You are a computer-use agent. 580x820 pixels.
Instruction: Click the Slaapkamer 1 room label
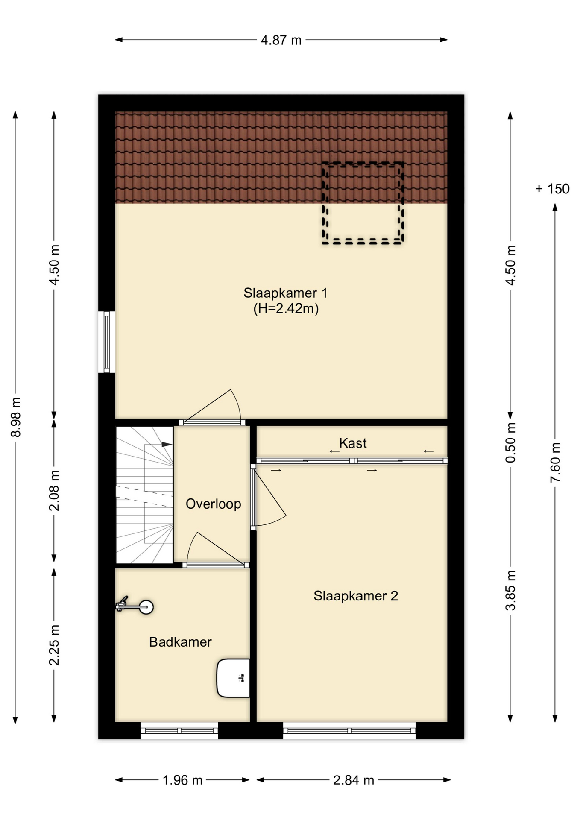[285, 293]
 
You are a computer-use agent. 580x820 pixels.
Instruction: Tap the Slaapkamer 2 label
[356, 596]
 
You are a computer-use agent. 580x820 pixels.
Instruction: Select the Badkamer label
[180, 642]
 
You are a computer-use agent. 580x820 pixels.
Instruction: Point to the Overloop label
[214, 504]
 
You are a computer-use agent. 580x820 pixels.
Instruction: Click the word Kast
[353, 443]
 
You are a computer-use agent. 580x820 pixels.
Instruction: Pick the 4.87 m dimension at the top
[281, 40]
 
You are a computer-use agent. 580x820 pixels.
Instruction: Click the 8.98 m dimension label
[16, 417]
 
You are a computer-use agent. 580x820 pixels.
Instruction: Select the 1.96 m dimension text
[182, 780]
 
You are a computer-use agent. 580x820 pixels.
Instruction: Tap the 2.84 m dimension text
[354, 780]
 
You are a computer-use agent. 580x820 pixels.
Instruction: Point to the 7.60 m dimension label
[555, 463]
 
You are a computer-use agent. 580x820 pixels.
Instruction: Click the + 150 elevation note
[552, 189]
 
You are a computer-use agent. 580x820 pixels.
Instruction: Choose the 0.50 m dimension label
[511, 442]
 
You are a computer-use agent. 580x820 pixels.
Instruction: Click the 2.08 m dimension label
[54, 491]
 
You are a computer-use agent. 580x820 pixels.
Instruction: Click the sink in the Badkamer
[233, 678]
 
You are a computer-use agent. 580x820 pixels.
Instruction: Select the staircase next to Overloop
[144, 495]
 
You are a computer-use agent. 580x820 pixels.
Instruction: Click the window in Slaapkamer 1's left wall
[107, 342]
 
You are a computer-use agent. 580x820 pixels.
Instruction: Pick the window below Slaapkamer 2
[349, 731]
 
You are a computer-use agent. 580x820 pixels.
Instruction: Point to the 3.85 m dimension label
[511, 591]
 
